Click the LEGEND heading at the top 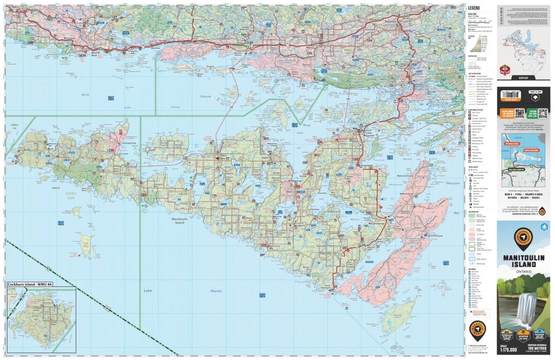[x=473, y=8]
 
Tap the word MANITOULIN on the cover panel [x=523, y=258]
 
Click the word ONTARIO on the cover [x=523, y=273]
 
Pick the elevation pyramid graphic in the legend [x=479, y=44]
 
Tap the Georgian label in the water [x=453, y=183]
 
